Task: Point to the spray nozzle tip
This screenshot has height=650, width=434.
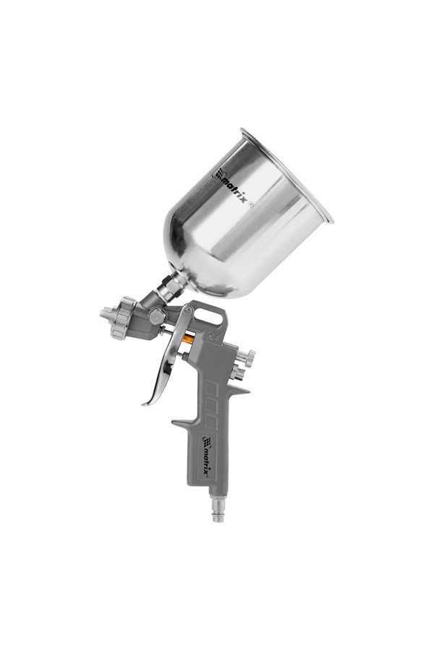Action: click(105, 312)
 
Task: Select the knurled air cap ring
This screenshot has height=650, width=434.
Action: click(122, 318)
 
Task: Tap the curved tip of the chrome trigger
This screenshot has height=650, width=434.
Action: click(146, 402)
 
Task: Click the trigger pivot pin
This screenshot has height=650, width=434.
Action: click(188, 310)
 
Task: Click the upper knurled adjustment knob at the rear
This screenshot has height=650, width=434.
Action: click(248, 357)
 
